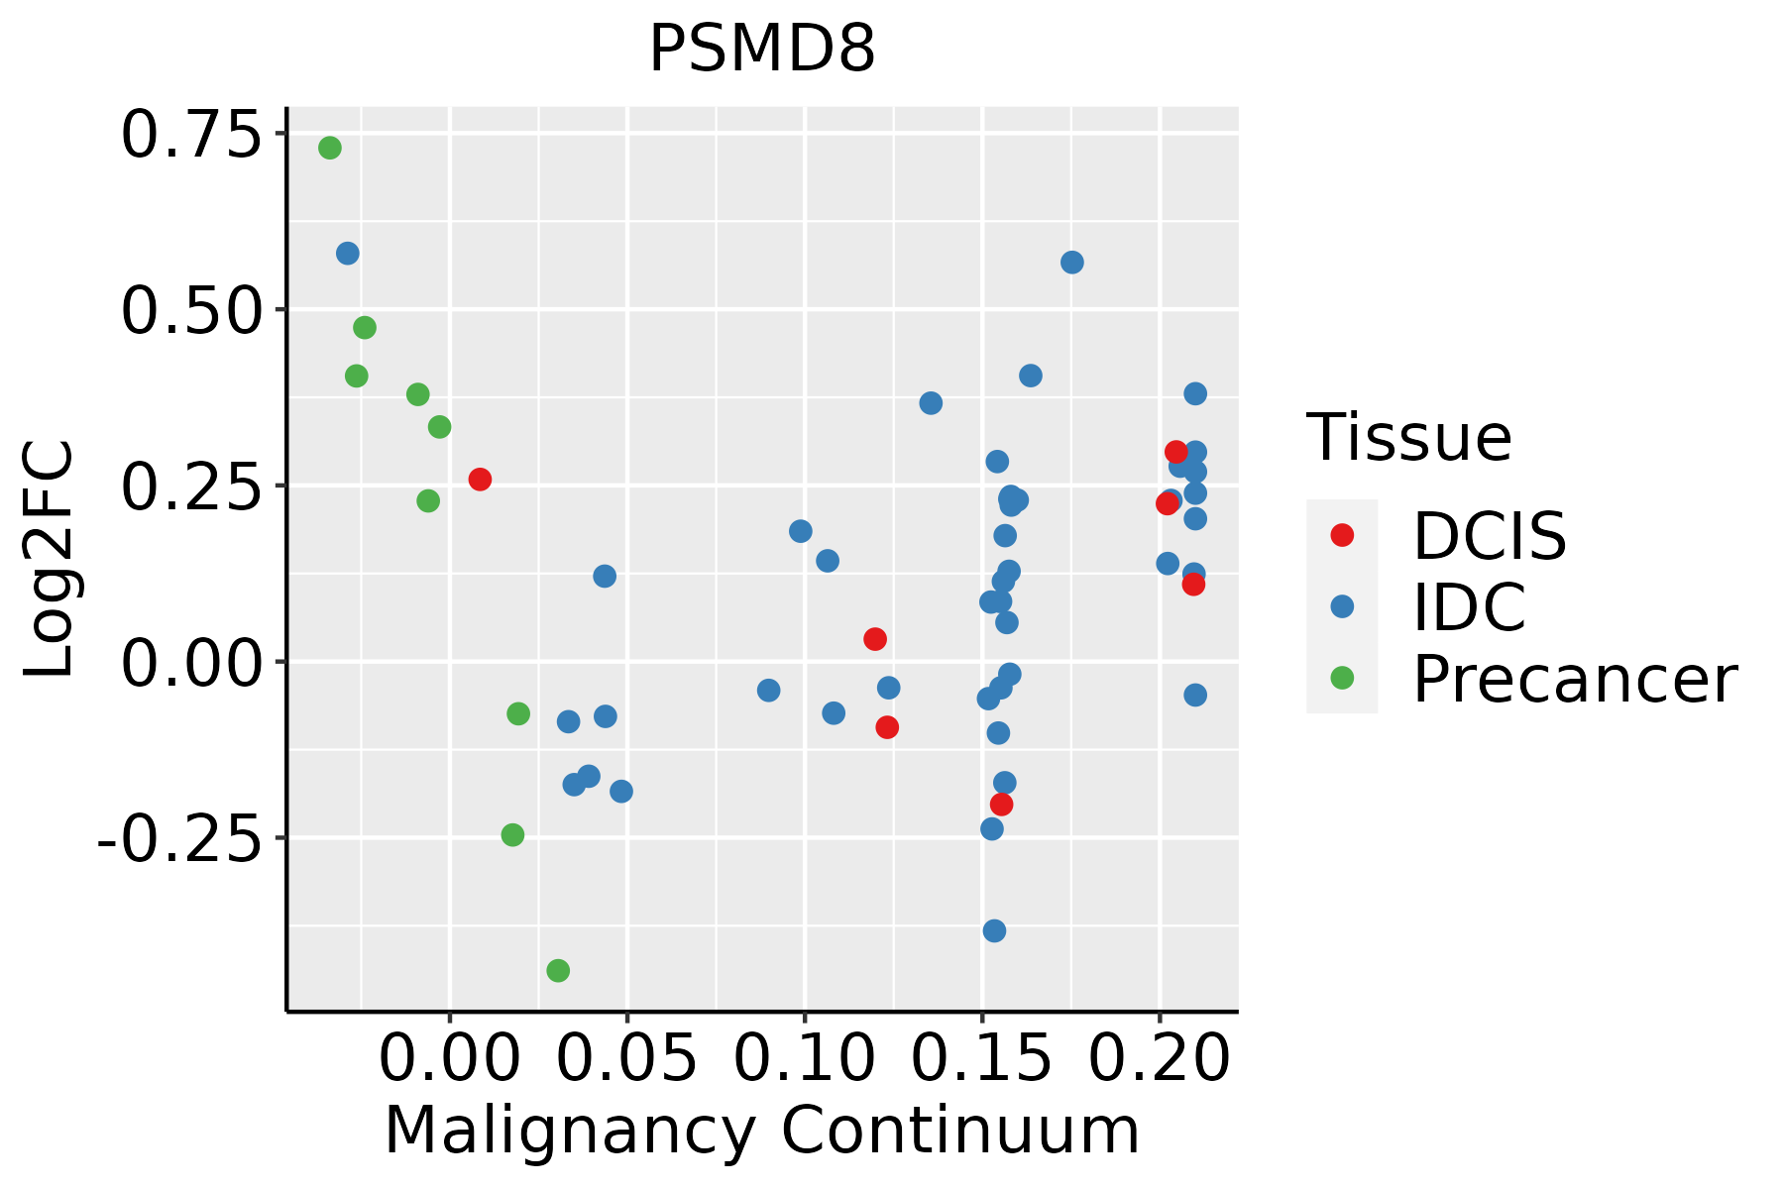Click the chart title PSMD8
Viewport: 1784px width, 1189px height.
click(761, 50)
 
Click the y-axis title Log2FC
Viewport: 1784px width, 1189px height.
click(50, 559)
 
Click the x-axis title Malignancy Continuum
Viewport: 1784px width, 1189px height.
click(761, 1131)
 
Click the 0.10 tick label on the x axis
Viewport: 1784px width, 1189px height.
click(804, 1058)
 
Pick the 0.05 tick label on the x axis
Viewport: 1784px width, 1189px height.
click(626, 1058)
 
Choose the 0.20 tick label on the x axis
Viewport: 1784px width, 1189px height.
click(1159, 1058)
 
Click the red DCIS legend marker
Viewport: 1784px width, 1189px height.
click(1342, 535)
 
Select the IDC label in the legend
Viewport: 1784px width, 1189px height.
click(1469, 606)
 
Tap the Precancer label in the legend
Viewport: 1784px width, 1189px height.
click(1574, 679)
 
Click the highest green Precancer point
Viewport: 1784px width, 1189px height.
click(330, 148)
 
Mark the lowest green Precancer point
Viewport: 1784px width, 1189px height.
click(558, 970)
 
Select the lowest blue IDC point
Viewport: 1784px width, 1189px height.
click(994, 930)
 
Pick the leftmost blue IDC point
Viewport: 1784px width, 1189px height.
click(347, 254)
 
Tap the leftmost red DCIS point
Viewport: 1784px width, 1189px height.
click(480, 480)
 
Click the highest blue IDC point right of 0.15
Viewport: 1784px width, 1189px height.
click(1071, 263)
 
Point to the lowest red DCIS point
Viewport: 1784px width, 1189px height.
click(1001, 804)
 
